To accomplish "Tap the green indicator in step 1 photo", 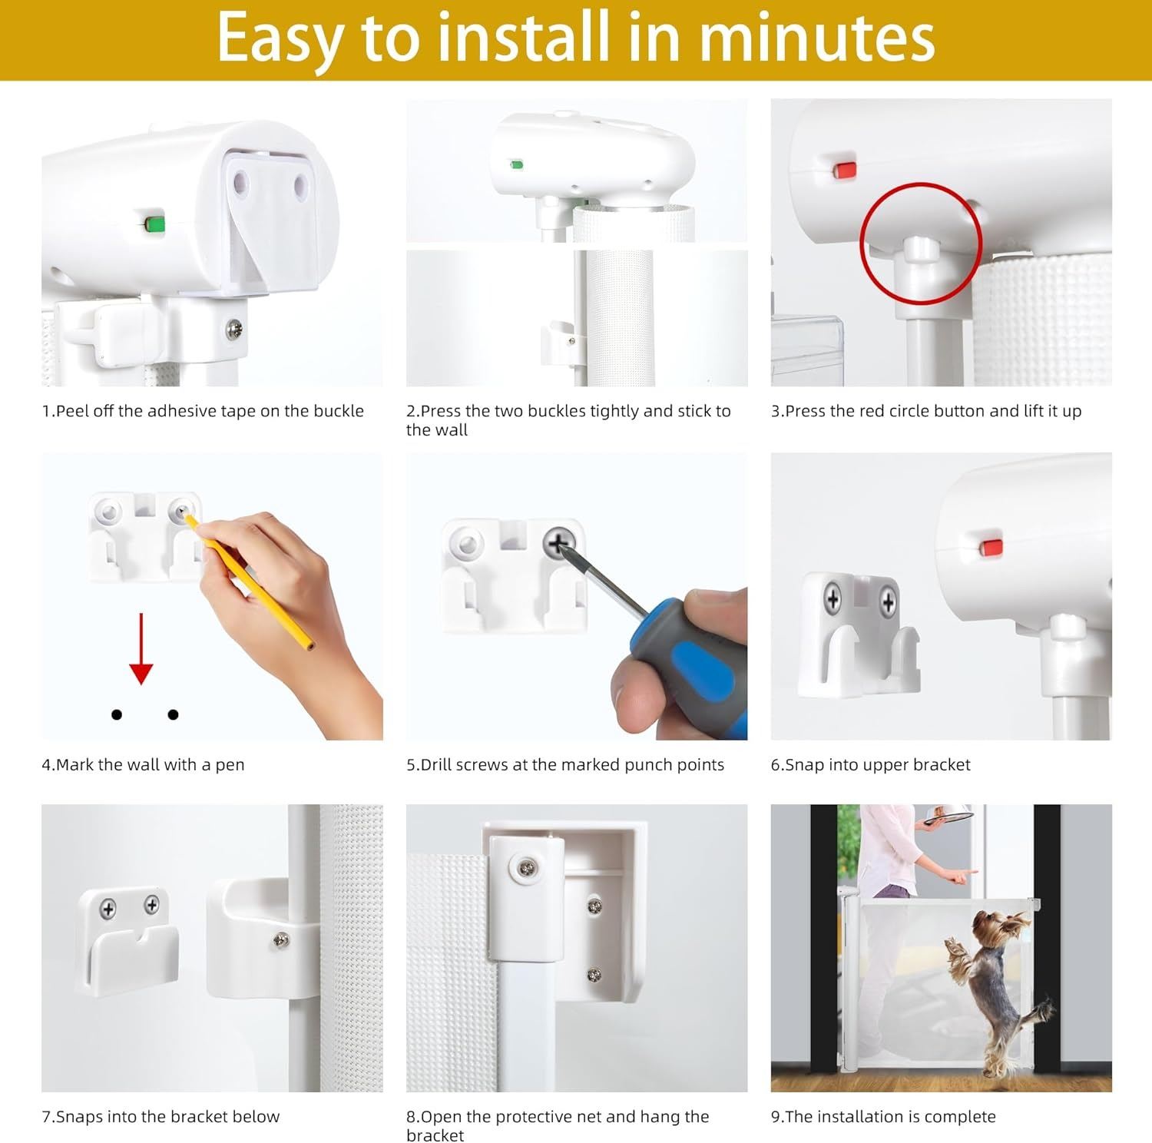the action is click(x=155, y=224).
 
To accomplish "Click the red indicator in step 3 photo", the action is click(x=845, y=169).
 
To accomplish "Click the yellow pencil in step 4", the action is click(x=249, y=582).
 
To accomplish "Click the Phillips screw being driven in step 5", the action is click(x=559, y=545).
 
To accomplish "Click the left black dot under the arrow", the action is click(x=117, y=714).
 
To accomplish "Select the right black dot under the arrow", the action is click(x=173, y=714).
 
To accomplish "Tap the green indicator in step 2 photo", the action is click(x=517, y=164).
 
